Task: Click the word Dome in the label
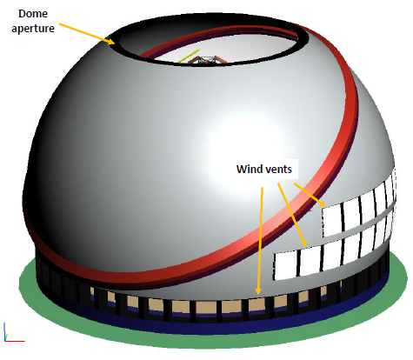click(x=33, y=14)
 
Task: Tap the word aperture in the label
click(x=33, y=29)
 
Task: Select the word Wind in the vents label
click(x=247, y=169)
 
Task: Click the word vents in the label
click(x=277, y=170)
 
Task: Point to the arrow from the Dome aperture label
click(x=87, y=34)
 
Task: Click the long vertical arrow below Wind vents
click(x=260, y=241)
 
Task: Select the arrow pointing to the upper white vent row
click(x=310, y=195)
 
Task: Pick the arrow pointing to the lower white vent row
click(x=292, y=215)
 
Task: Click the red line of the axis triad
click(x=15, y=341)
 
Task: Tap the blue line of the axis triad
click(x=4, y=331)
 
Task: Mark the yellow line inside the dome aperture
click(x=189, y=56)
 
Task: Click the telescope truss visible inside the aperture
click(x=207, y=60)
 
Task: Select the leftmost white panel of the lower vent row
click(x=286, y=265)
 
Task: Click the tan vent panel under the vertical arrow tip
click(x=256, y=304)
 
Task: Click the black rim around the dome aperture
click(x=116, y=43)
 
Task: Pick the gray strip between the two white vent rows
click(x=359, y=223)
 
